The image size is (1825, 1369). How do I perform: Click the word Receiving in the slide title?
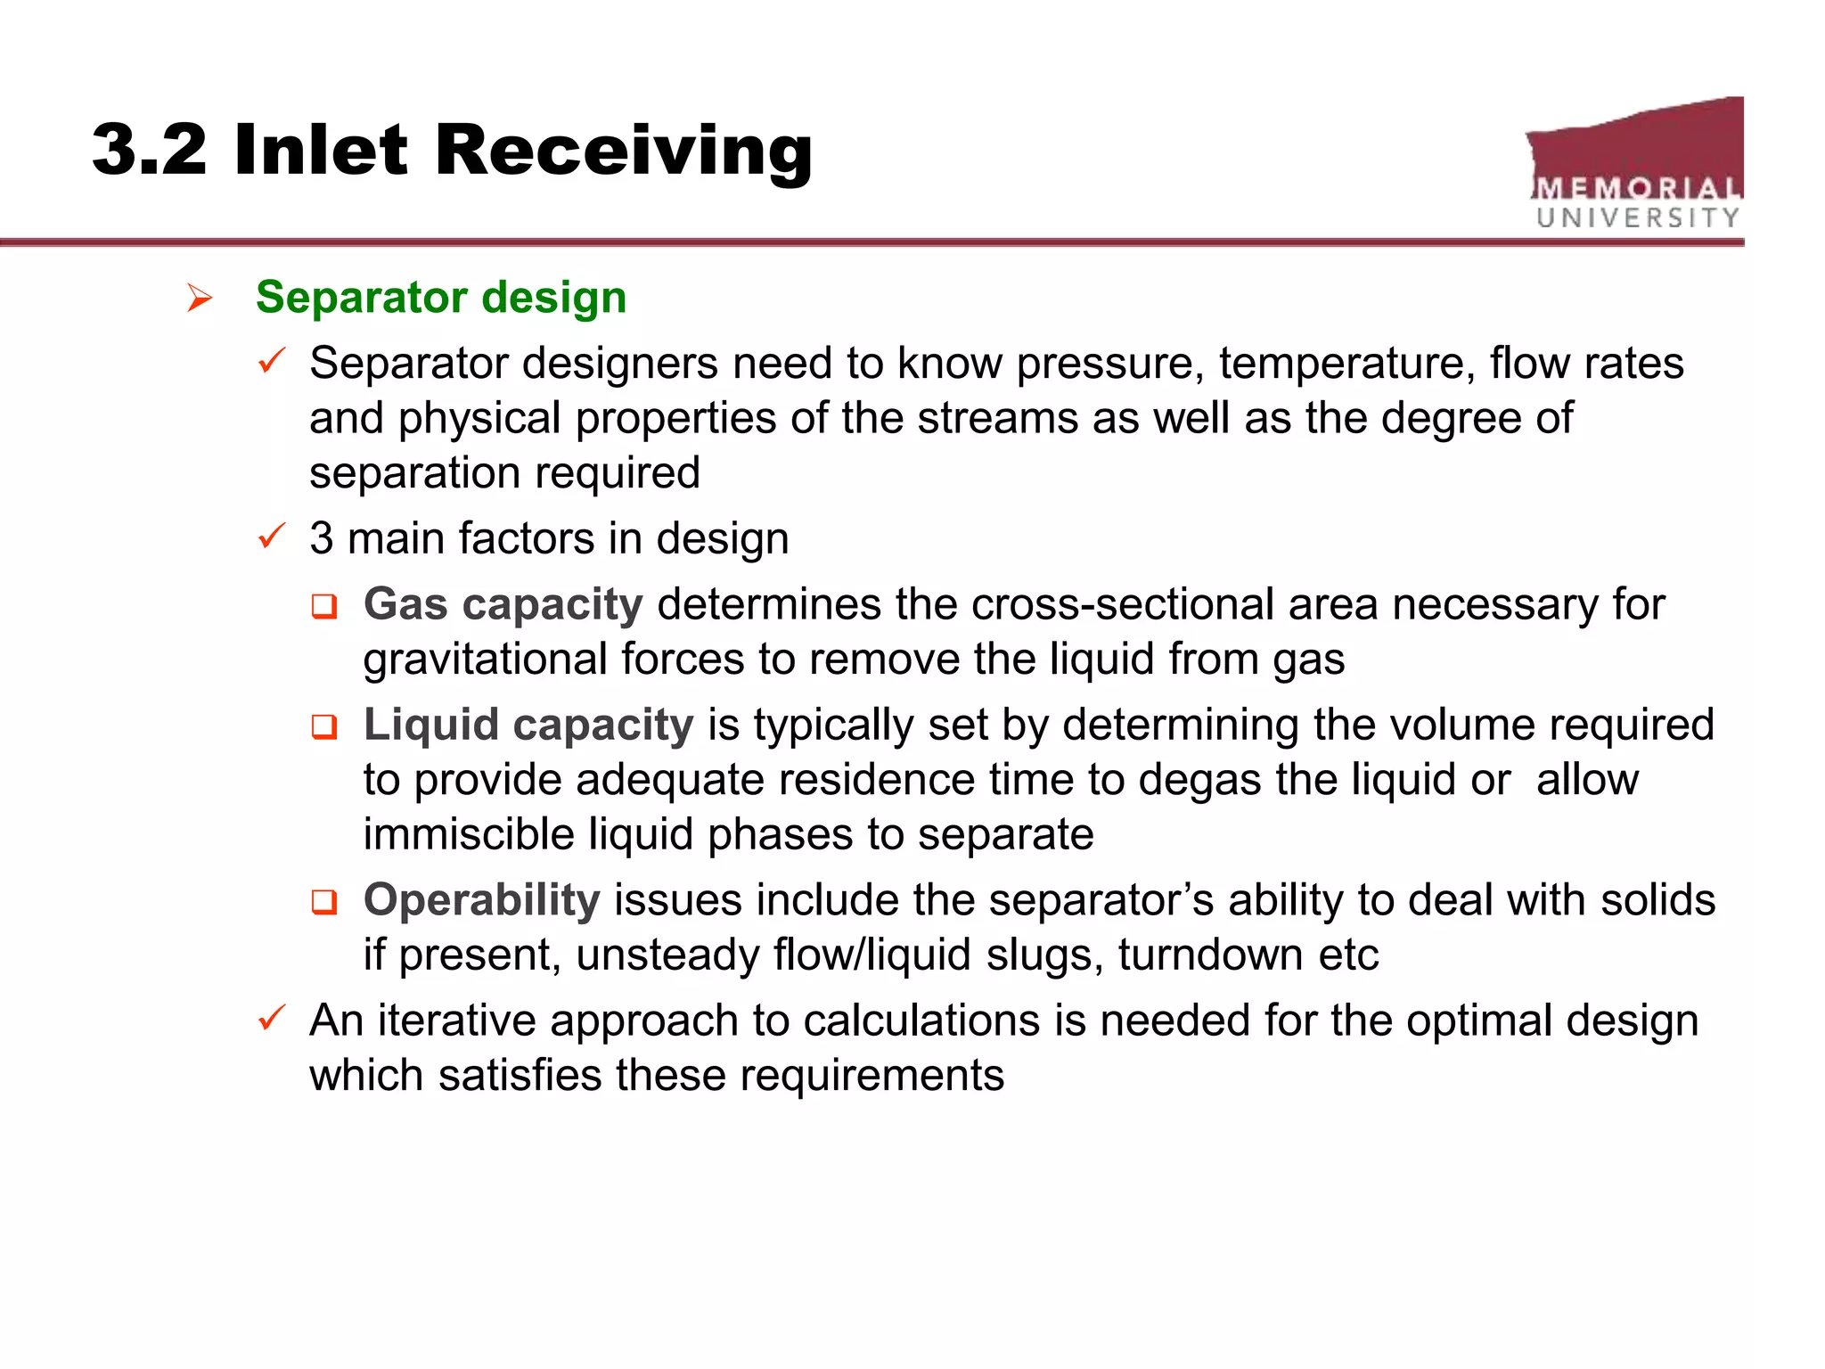click(x=623, y=150)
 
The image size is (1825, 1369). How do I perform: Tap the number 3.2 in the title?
click(x=149, y=150)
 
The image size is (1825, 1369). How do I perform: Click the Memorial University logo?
click(x=1636, y=165)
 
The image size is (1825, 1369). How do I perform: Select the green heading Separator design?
click(x=440, y=297)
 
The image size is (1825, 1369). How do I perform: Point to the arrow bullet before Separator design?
click(x=200, y=298)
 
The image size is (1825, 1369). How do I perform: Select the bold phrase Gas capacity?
click(x=503, y=604)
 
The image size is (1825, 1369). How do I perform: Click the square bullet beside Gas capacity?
click(x=324, y=607)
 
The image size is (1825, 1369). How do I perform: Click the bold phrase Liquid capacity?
click(x=528, y=725)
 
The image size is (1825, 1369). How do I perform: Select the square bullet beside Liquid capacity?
click(x=324, y=727)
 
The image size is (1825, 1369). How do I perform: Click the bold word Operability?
click(x=481, y=900)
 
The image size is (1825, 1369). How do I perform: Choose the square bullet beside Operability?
click(x=324, y=903)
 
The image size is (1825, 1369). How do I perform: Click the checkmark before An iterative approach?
click(x=271, y=1018)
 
